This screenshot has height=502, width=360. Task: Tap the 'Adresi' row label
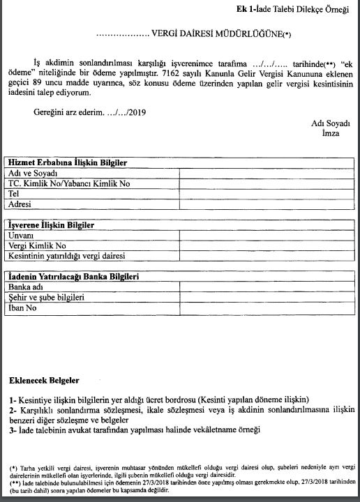(20, 204)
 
